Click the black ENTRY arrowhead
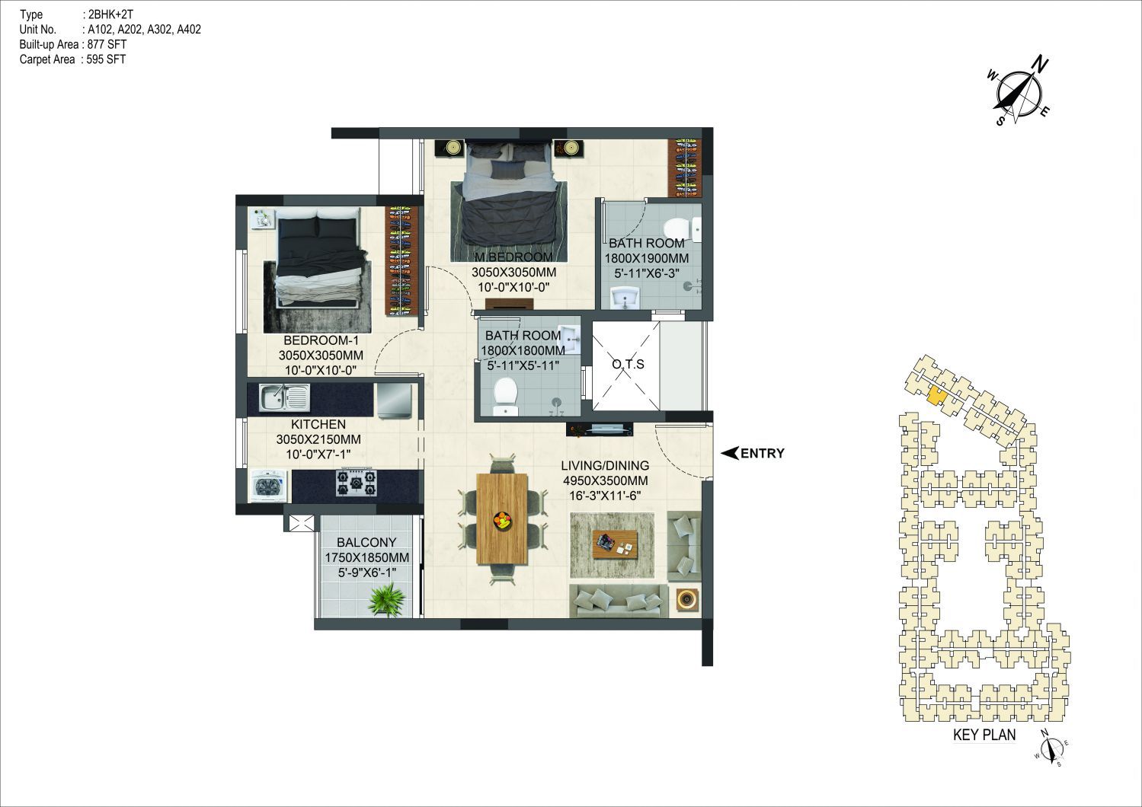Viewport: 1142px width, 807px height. click(730, 453)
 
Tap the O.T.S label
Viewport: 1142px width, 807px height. click(628, 364)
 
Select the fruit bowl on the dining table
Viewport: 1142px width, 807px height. click(502, 521)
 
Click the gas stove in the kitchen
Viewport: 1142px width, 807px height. click(357, 483)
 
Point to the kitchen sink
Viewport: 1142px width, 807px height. click(284, 398)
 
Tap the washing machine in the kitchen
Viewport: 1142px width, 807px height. click(269, 485)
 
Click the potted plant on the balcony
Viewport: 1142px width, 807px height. click(387, 600)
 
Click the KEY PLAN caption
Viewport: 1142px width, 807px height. click(984, 735)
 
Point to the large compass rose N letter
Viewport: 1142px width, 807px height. click(1040, 65)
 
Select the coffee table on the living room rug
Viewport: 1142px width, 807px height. click(615, 544)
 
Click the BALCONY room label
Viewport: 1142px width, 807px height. click(366, 542)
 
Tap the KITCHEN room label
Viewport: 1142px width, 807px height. click(318, 424)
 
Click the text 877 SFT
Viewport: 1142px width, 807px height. click(107, 44)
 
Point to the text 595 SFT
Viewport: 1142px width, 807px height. click(106, 59)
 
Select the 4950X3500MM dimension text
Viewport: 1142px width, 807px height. click(605, 480)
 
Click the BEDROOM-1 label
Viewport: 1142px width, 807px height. click(321, 340)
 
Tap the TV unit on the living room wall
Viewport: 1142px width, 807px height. click(600, 429)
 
